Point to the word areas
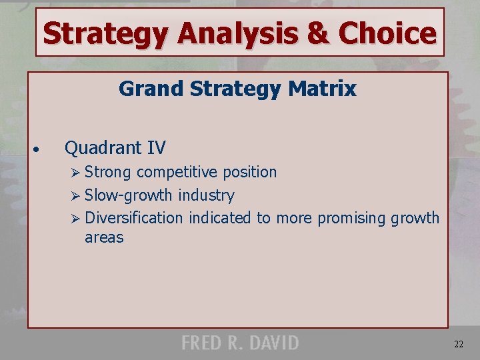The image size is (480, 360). [x=104, y=237]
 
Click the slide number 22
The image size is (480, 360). [x=459, y=344]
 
